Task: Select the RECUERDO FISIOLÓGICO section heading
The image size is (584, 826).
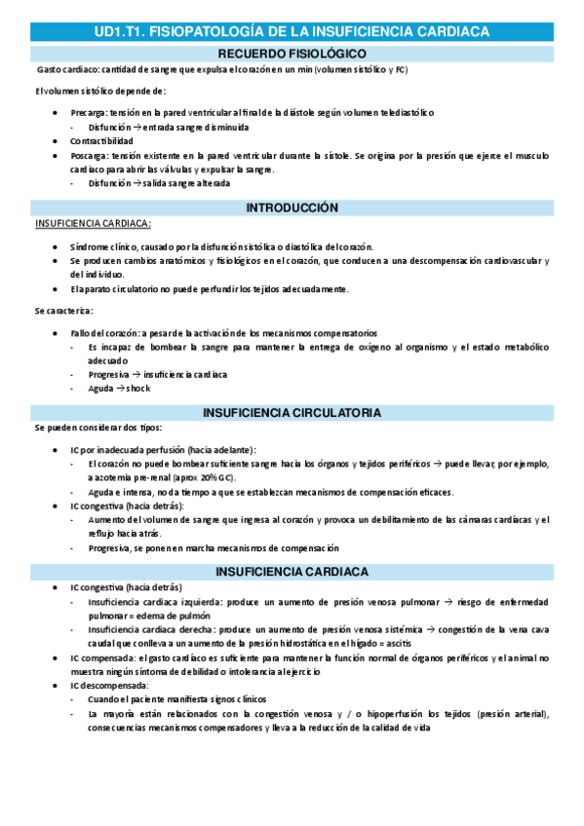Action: [292, 53]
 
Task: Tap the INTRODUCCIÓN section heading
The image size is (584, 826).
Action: [292, 208]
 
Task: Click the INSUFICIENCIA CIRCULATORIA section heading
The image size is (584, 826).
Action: [292, 413]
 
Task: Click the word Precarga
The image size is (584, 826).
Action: [89, 113]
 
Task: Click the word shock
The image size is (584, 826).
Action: [138, 389]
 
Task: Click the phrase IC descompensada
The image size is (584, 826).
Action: [107, 686]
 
